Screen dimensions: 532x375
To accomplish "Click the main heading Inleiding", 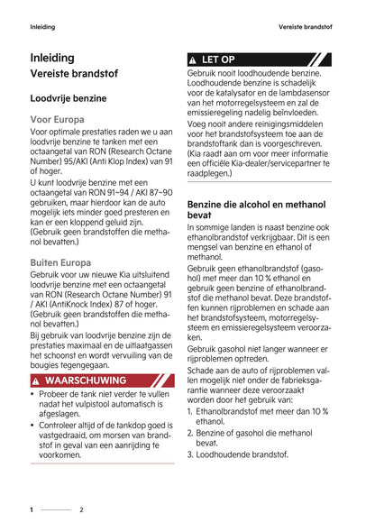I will click(52, 59).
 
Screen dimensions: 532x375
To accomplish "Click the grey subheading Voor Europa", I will click(58, 119).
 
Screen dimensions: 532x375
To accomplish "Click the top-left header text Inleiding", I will click(42, 26).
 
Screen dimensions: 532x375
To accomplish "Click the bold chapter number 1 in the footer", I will click(32, 509).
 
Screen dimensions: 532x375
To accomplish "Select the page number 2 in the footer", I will click(81, 509).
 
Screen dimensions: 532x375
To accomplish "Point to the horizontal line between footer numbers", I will click(56, 509).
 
